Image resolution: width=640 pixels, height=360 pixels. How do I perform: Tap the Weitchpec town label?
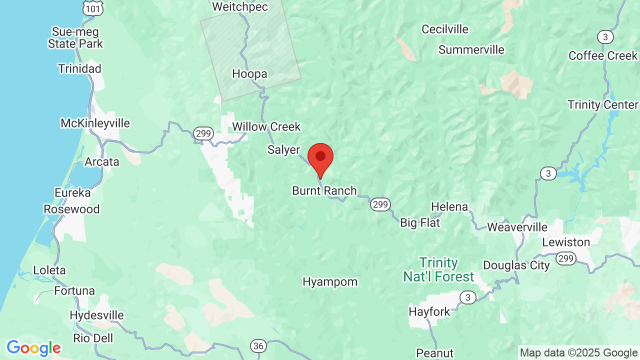pyautogui.click(x=240, y=7)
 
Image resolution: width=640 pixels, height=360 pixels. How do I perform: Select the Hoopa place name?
pyautogui.click(x=249, y=74)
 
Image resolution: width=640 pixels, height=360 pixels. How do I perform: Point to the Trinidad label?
pyautogui.click(x=79, y=68)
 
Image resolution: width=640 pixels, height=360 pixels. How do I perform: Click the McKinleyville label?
pyautogui.click(x=95, y=123)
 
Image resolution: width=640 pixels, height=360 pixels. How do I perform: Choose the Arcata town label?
pyautogui.click(x=102, y=162)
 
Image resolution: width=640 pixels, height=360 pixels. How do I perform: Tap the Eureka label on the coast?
pyautogui.click(x=73, y=192)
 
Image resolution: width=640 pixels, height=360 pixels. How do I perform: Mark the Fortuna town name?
pyautogui.click(x=74, y=290)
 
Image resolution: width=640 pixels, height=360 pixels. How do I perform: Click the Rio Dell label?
pyautogui.click(x=93, y=338)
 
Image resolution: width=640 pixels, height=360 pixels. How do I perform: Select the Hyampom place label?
pyautogui.click(x=330, y=282)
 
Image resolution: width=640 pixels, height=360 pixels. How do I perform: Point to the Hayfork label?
pyautogui.click(x=429, y=311)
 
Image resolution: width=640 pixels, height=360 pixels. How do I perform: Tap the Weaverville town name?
pyautogui.click(x=517, y=227)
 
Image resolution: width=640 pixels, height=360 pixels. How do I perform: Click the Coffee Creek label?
pyautogui.click(x=603, y=55)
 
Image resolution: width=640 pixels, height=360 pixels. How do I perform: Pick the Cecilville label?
pyautogui.click(x=445, y=29)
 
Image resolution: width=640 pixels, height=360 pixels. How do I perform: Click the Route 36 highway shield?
pyautogui.click(x=258, y=346)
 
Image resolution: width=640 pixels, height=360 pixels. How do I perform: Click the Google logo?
pyautogui.click(x=33, y=348)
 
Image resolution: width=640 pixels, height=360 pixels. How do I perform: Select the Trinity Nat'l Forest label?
pyautogui.click(x=438, y=269)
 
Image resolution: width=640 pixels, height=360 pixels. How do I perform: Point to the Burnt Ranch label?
pyautogui.click(x=324, y=190)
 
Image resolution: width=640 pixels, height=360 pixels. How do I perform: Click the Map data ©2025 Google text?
pyautogui.click(x=578, y=352)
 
